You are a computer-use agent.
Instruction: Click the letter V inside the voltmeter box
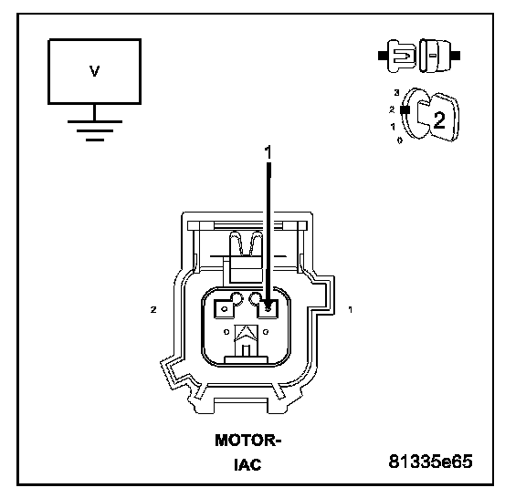tap(95, 71)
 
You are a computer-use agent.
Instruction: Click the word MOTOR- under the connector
tap(247, 440)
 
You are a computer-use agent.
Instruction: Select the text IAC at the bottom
tap(247, 464)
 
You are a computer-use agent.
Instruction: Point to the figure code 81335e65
tap(430, 462)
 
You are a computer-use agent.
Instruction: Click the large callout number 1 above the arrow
tap(268, 152)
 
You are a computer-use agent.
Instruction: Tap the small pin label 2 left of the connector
tap(153, 310)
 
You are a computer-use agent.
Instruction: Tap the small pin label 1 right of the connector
tap(351, 310)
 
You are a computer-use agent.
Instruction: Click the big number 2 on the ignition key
tap(439, 120)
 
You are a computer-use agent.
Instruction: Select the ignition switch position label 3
tap(396, 93)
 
